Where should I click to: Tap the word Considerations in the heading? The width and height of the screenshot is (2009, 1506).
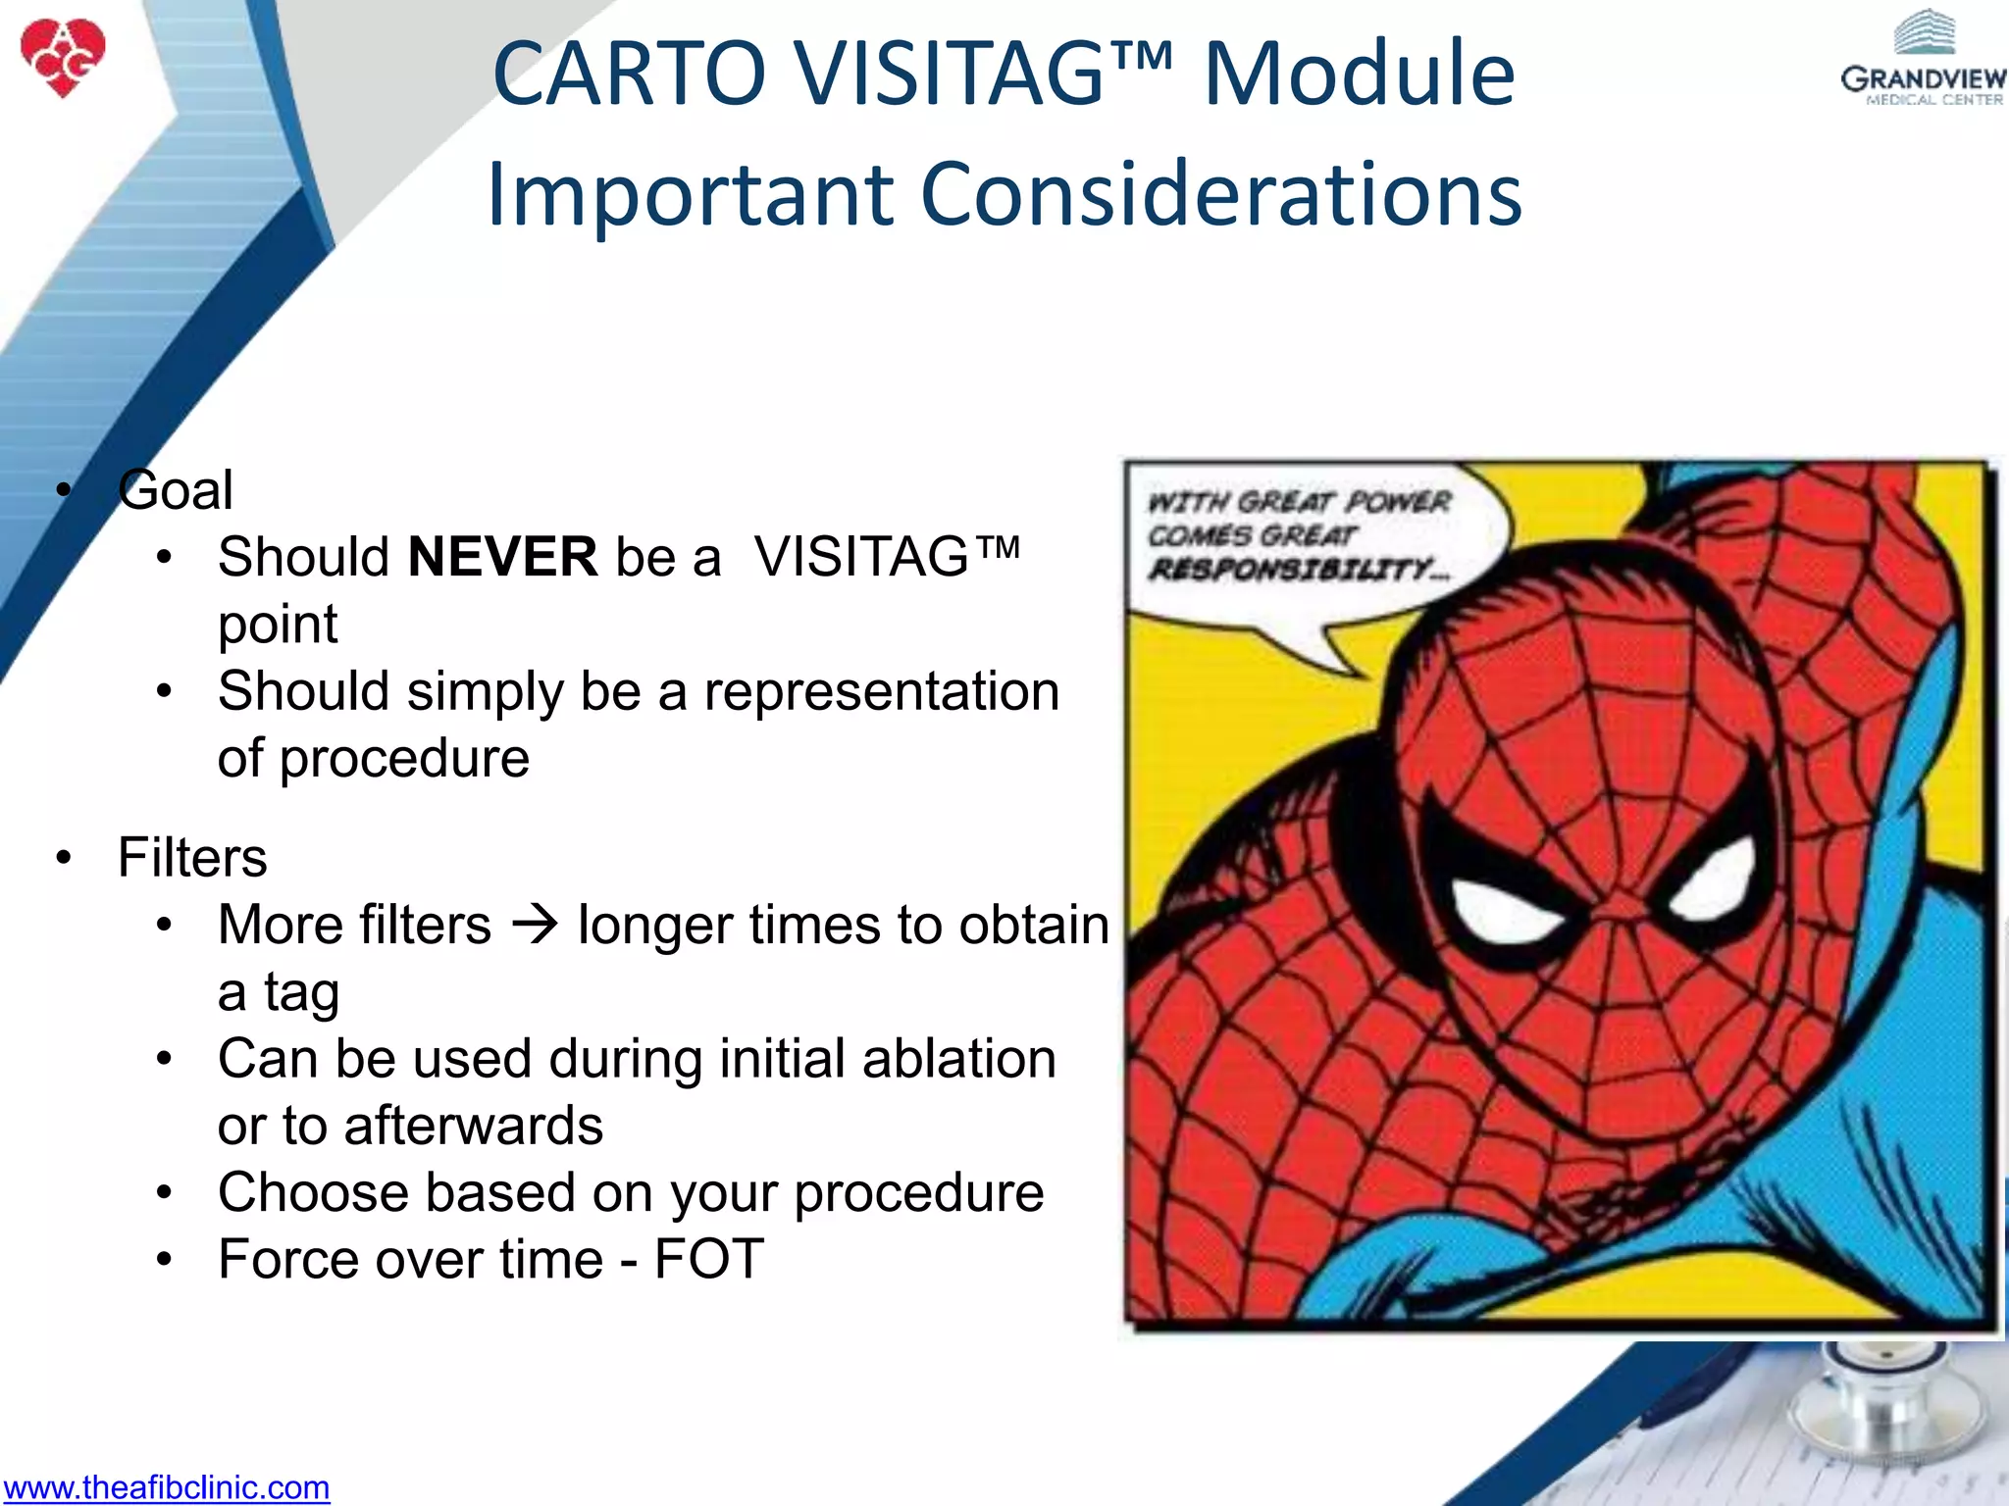(x=1221, y=193)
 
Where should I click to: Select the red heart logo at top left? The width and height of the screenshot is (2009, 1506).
(x=63, y=57)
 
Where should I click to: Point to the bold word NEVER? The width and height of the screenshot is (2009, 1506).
(x=502, y=557)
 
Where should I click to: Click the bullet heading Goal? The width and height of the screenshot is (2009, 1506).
(x=176, y=489)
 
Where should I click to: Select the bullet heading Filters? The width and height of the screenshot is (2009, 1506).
(x=192, y=857)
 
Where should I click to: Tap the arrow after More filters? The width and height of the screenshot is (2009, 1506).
(x=535, y=925)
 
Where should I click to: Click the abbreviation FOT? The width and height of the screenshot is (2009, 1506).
(x=708, y=1259)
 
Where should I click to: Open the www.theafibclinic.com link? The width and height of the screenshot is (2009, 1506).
(x=166, y=1487)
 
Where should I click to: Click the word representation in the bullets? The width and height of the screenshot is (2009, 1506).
(x=881, y=691)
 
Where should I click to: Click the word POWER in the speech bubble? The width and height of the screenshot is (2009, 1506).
(x=1397, y=502)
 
